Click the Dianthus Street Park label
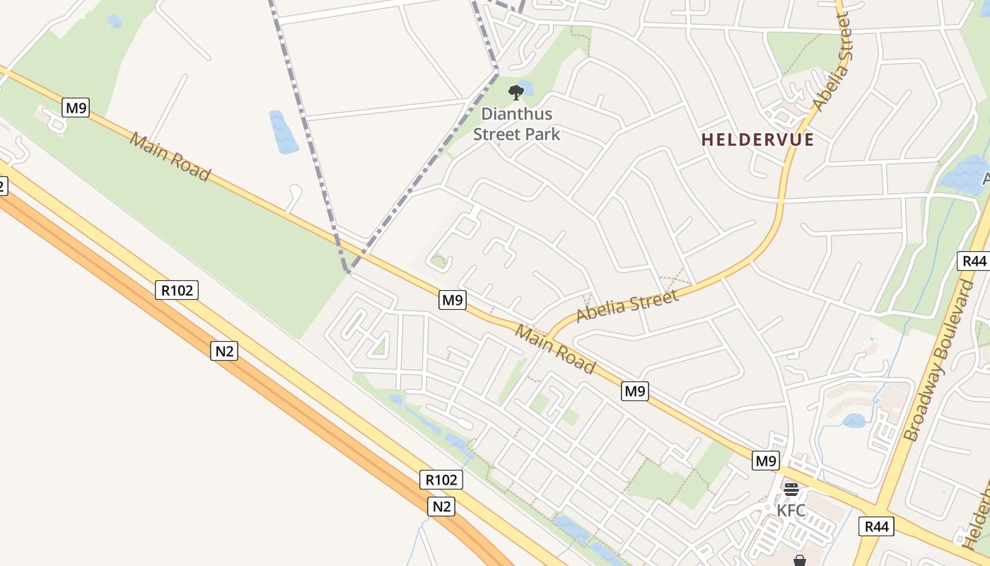click(x=516, y=124)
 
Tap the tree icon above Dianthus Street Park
click(x=516, y=92)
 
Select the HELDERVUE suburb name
click(x=757, y=139)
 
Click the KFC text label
click(x=791, y=510)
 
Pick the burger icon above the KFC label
click(x=791, y=489)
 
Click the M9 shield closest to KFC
click(x=766, y=461)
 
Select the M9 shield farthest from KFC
click(x=76, y=108)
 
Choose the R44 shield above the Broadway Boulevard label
click(x=974, y=260)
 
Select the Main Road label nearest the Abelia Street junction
click(x=555, y=349)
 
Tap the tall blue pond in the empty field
click(x=284, y=132)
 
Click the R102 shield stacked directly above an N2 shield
click(x=441, y=480)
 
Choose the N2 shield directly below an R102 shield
click(x=441, y=507)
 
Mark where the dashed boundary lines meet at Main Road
click(x=347, y=270)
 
